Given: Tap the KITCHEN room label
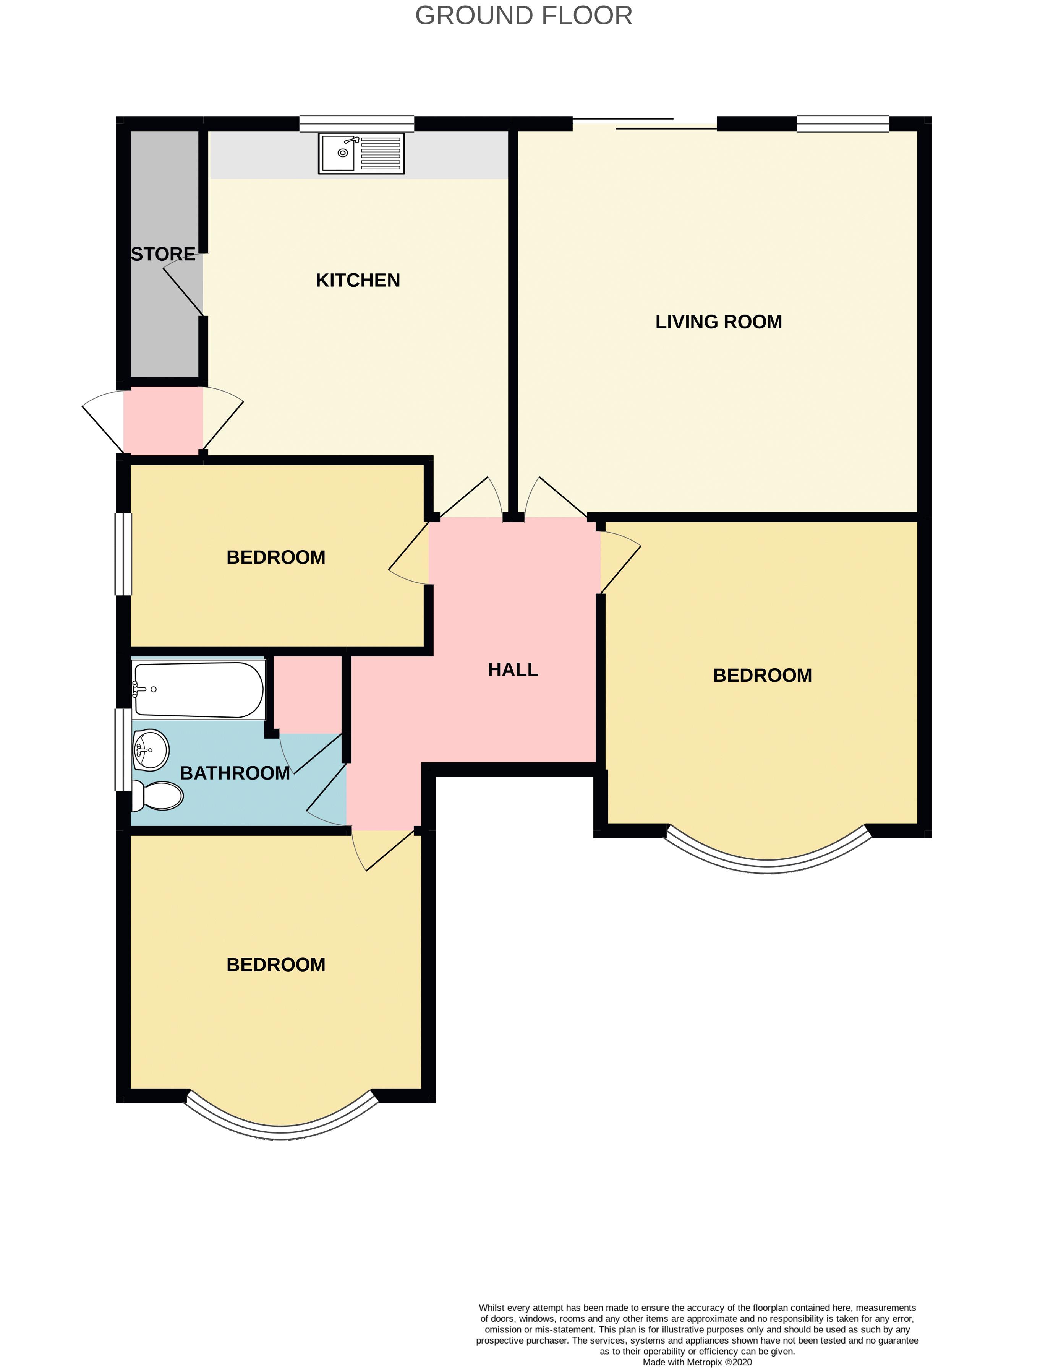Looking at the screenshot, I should pos(358,280).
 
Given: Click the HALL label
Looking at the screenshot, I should pos(513,669).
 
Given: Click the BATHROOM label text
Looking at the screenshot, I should pos(235,773).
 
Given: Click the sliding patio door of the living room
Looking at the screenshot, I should pos(645,123).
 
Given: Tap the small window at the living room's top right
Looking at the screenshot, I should pos(843,123).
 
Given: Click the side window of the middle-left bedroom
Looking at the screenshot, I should pos(123,554).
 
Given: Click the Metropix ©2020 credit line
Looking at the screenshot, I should pos(697,1362).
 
